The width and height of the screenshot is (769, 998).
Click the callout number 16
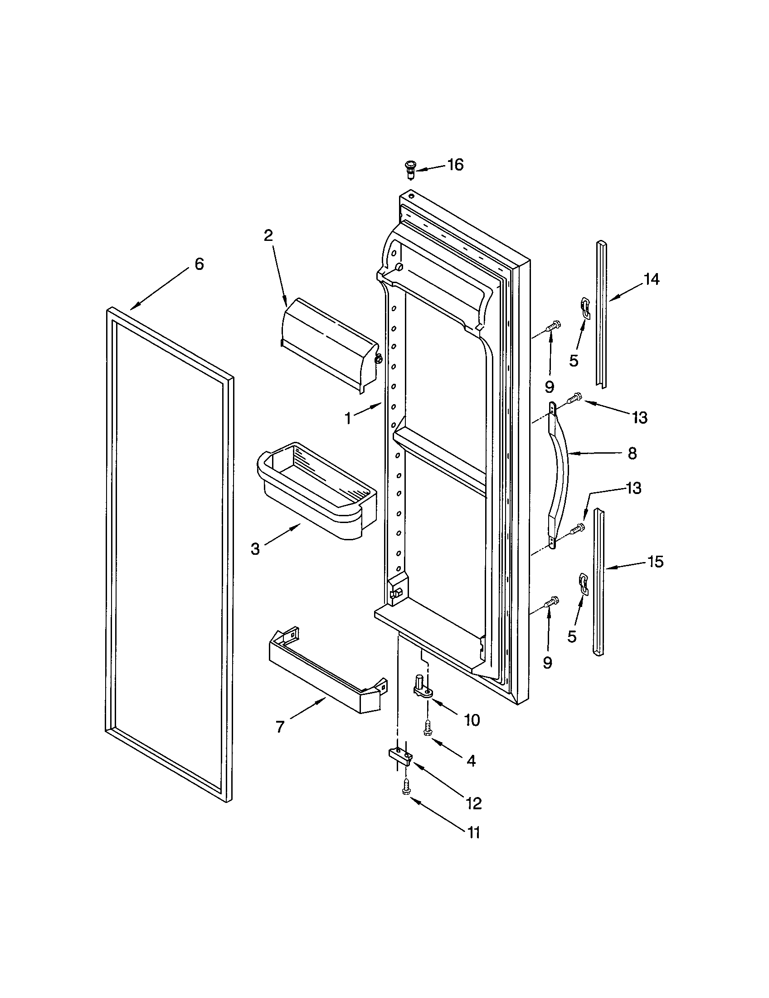click(455, 165)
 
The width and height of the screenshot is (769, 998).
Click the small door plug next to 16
click(411, 169)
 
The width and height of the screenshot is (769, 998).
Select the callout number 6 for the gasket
click(199, 264)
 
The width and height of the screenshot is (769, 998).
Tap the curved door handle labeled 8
click(561, 475)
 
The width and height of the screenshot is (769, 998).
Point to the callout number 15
click(655, 562)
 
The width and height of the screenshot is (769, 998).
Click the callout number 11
click(473, 832)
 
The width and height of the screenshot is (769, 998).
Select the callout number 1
click(348, 418)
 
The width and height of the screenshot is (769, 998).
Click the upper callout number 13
click(640, 417)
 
